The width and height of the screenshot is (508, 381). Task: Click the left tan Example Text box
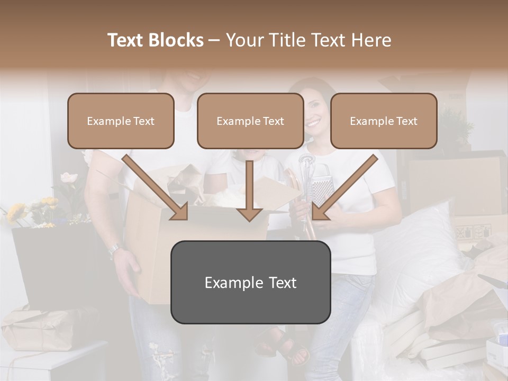121,121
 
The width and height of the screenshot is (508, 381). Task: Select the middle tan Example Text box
250,121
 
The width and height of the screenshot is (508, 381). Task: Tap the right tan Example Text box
384,121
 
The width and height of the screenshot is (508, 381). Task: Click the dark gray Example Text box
250,282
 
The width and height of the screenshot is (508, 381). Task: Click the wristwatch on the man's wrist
114,250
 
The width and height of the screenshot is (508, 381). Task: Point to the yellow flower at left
16,212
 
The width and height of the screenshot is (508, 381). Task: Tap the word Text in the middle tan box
273,121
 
